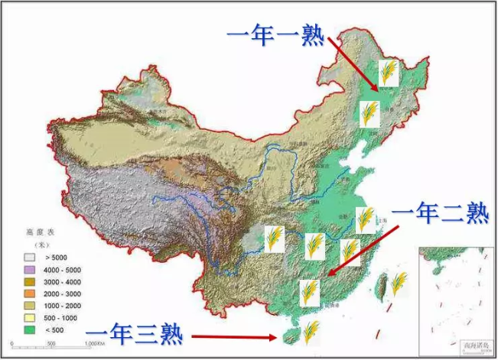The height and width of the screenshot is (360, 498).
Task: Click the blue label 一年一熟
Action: click(x=276, y=34)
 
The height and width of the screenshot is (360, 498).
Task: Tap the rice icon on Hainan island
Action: click(x=310, y=333)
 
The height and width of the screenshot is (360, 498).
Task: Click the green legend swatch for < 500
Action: click(x=31, y=329)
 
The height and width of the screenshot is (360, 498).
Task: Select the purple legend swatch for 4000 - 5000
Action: click(x=31, y=270)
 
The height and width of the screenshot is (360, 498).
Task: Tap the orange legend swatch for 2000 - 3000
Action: click(x=31, y=294)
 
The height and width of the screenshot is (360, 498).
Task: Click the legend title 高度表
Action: click(x=37, y=231)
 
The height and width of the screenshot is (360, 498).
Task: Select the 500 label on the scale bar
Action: click(x=50, y=345)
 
